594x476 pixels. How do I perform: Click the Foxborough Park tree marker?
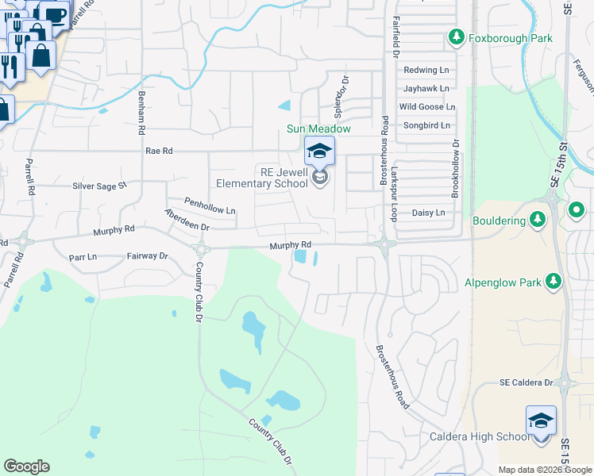click(457, 37)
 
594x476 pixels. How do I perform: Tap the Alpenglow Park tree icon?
click(554, 282)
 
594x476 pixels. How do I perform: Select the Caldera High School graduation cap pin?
click(541, 420)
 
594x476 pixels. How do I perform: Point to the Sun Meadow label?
click(318, 129)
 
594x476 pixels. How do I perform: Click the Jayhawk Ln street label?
click(426, 88)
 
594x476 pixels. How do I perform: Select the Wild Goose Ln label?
click(427, 106)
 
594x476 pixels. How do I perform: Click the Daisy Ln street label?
click(428, 213)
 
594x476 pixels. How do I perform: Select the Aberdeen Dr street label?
click(187, 221)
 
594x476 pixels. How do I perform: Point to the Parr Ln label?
click(83, 257)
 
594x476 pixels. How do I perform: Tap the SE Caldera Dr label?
click(526, 382)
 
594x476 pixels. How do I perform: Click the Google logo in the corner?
click(26, 466)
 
